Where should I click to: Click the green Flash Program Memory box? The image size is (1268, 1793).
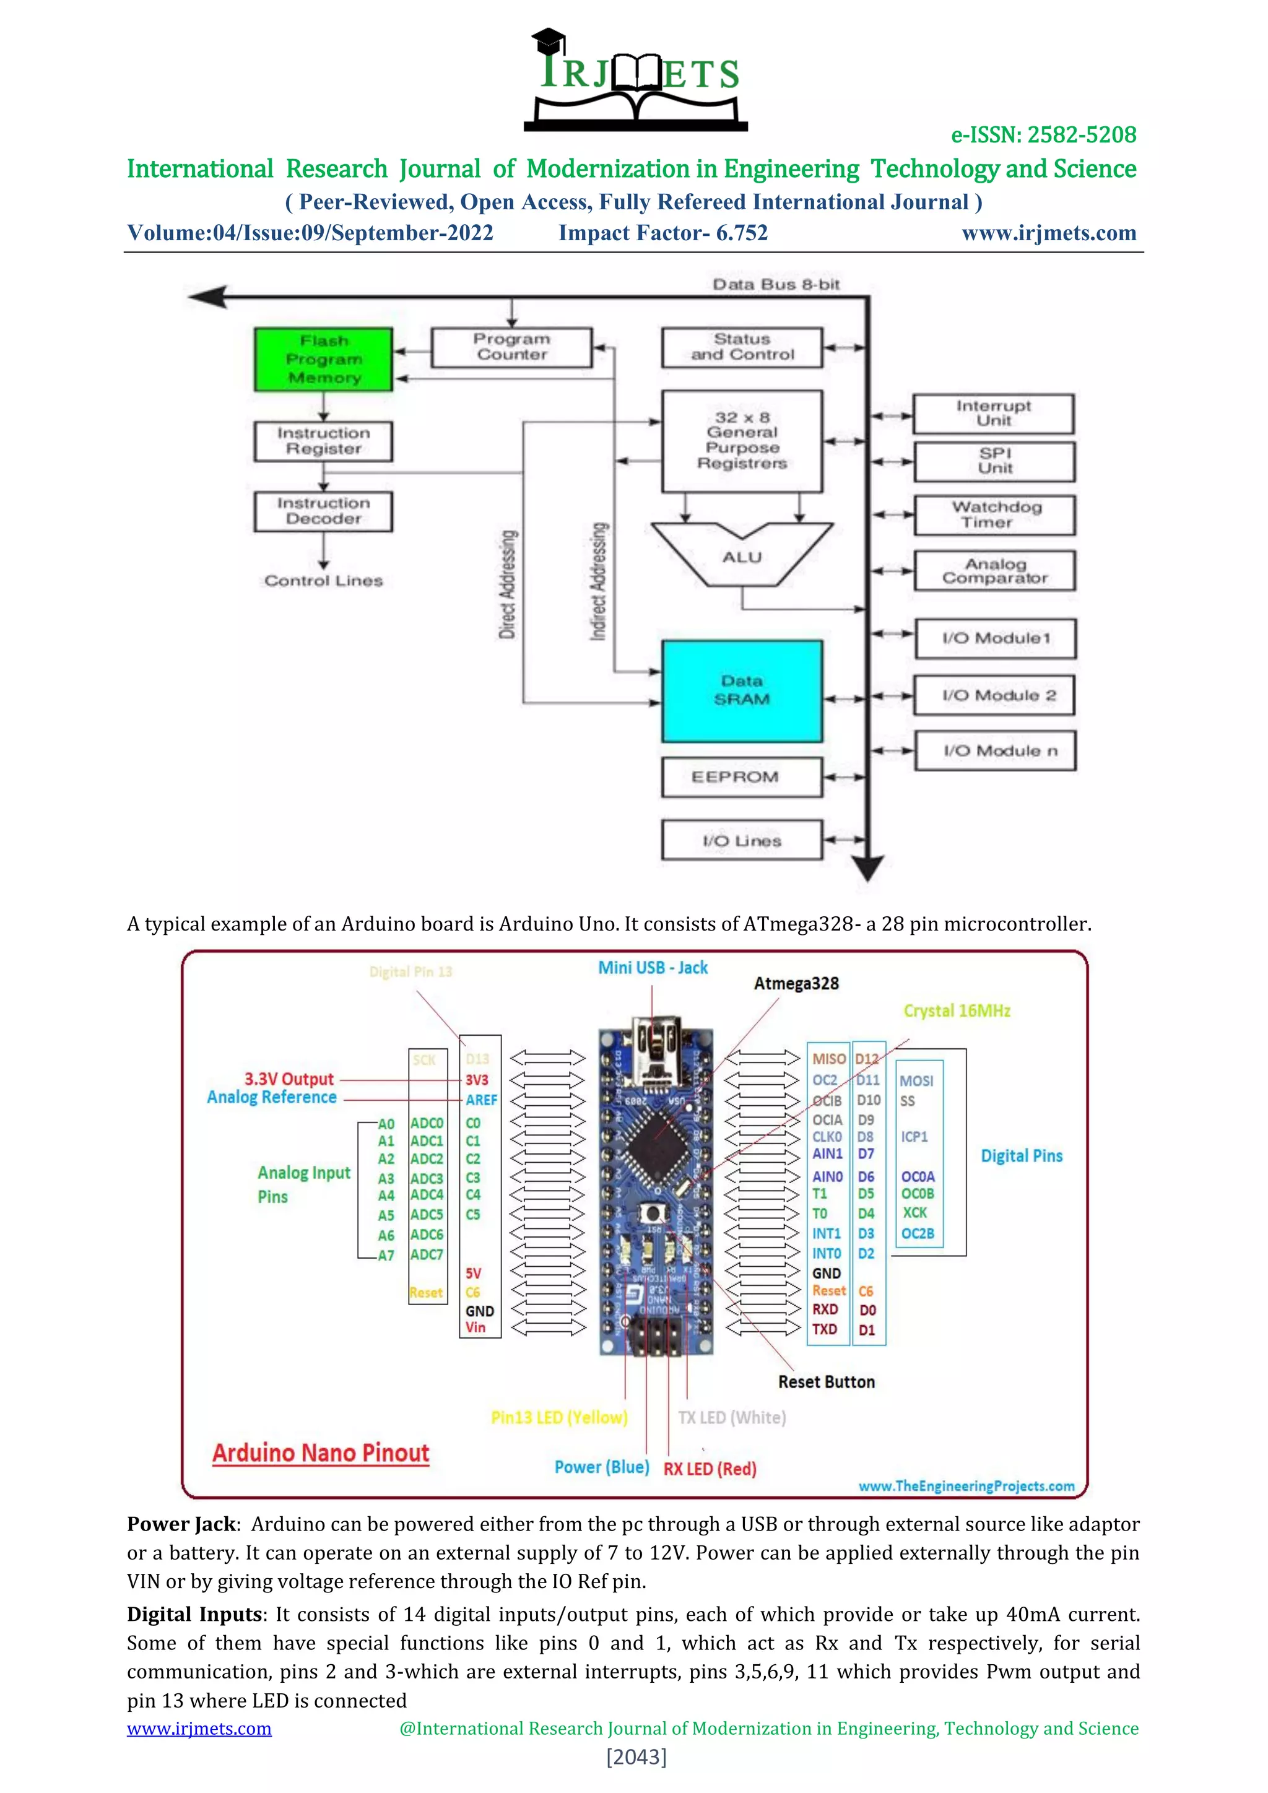323,359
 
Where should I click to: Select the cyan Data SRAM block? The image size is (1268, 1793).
742,691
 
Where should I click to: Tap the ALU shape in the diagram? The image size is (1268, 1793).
742,556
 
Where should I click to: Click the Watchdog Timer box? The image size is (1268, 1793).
995,515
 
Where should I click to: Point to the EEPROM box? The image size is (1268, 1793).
742,777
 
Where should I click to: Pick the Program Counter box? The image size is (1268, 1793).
511,347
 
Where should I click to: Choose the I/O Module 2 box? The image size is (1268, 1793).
995,695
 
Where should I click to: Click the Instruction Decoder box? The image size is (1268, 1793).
323,511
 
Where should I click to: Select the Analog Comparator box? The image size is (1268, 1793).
995,571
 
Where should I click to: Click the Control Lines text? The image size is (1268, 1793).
323,581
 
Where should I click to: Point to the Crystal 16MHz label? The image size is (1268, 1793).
957,1010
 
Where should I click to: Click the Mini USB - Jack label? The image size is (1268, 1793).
653,968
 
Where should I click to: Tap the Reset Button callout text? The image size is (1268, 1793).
826,1381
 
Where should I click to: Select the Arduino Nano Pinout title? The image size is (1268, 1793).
321,1452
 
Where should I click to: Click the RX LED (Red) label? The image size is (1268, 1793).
710,1469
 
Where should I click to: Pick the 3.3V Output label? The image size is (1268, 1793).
289,1079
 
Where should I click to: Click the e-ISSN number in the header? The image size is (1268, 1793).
1043,135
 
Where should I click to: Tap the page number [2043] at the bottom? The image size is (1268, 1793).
636,1757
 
